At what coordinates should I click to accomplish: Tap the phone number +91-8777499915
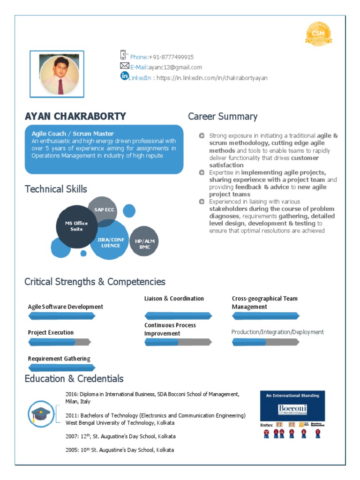click(171, 57)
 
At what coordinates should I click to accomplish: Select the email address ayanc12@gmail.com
click(176, 67)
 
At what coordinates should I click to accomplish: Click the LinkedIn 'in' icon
click(124, 76)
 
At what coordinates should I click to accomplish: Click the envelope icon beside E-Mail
click(124, 66)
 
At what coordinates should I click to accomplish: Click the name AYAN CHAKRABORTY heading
click(75, 116)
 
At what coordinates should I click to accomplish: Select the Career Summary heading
click(223, 116)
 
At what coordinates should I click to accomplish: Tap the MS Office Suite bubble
click(76, 226)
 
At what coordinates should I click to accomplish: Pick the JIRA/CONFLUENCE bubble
click(111, 242)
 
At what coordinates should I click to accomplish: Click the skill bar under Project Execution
click(59, 342)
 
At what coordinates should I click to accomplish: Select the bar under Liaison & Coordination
click(179, 316)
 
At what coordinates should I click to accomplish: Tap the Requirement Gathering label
click(59, 359)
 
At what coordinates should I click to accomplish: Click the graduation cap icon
click(41, 413)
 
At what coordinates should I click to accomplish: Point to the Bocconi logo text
click(292, 408)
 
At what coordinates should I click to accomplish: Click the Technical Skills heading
click(56, 189)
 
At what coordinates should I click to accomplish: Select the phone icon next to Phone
click(124, 55)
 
